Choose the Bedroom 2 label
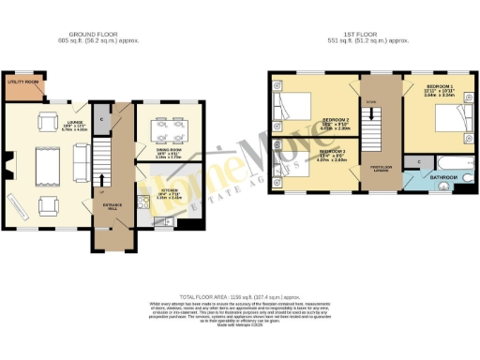click(336, 121)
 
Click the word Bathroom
click(443, 175)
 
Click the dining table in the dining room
click(169, 124)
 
